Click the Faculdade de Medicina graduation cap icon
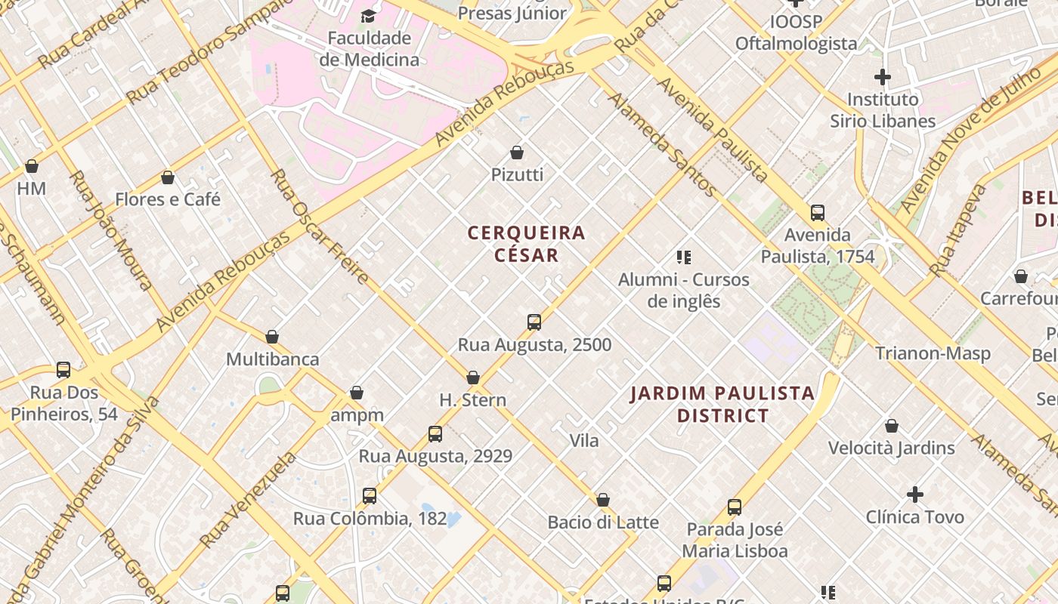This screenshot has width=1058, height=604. point(368,16)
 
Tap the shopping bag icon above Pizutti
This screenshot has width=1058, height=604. point(517,153)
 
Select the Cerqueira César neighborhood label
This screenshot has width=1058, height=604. point(527,244)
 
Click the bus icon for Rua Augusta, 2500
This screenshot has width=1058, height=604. point(534,322)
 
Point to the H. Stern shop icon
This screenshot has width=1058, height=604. point(473,377)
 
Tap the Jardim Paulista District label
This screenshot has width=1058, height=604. point(722,404)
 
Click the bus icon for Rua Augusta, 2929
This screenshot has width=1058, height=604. point(435,434)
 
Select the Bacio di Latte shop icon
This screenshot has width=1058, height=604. point(603,500)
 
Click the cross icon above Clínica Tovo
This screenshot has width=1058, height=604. point(915,495)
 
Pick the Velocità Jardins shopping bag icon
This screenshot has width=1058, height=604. point(892,426)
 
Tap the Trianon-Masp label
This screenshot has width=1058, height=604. point(933,353)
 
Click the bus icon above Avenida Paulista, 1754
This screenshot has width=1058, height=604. point(818,213)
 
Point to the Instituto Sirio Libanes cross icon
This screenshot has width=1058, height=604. point(882,77)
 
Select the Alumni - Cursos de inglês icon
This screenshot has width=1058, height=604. point(684,257)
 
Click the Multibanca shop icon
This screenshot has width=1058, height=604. point(272,337)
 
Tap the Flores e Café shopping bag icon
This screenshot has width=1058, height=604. point(168,177)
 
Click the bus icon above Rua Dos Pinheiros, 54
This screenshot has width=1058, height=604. point(63,370)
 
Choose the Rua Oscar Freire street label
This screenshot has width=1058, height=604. point(320,226)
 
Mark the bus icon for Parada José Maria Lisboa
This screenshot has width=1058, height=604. point(735,507)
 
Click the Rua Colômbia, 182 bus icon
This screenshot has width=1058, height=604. point(370,496)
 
